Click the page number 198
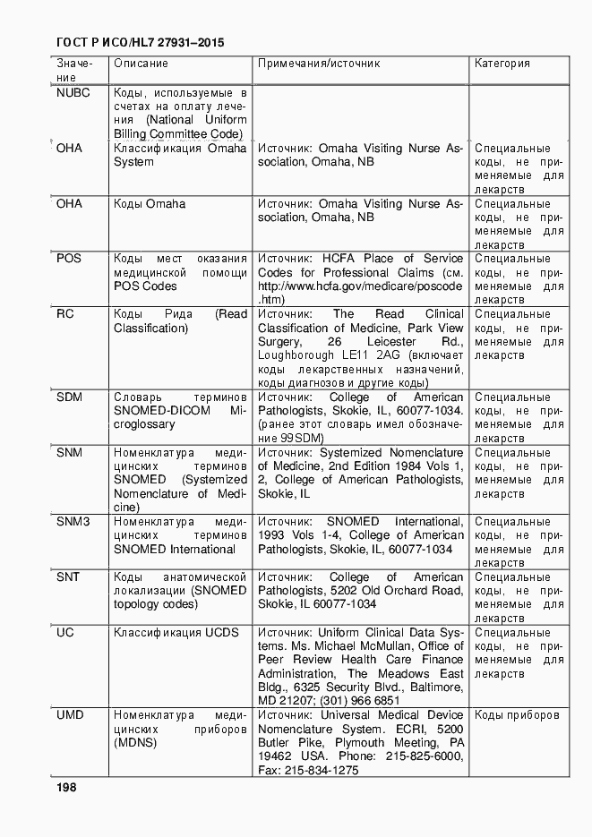66,788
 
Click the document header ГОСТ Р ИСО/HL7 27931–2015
140,42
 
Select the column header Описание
141,64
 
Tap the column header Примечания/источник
319,64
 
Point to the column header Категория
502,64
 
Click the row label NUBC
73,92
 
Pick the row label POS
69,259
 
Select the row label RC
65,314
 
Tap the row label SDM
70,397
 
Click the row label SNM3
73,522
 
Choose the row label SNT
68,577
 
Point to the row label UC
65,633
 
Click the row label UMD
70,715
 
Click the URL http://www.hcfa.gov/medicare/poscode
360,286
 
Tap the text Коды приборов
517,715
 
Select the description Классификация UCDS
176,633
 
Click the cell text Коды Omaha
150,204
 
